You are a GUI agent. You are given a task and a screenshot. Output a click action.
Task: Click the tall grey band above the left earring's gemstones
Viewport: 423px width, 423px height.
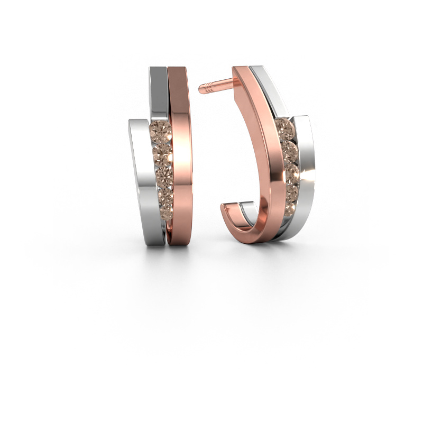pos(158,90)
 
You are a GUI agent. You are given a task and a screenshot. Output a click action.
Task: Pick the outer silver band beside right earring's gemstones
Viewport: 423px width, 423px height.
pos(304,169)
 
